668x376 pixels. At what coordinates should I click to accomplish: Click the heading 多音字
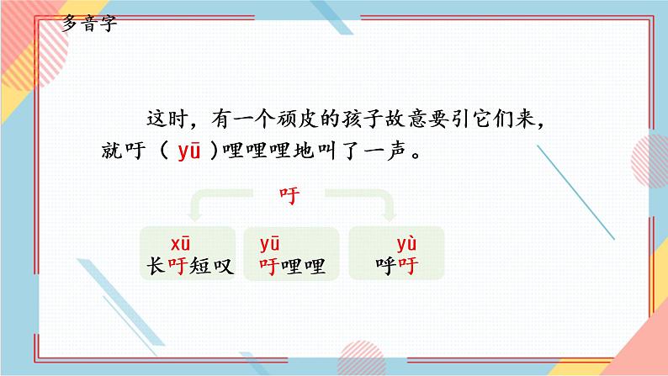pos(90,23)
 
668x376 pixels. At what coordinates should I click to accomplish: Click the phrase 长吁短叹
pos(186,267)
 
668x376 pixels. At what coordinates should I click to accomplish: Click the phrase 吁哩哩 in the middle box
pos(291,267)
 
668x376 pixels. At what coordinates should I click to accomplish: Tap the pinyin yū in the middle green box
pos(270,245)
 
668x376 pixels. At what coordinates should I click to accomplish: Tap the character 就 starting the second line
pos(110,153)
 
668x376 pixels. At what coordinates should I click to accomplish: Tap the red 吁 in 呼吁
pos(407,267)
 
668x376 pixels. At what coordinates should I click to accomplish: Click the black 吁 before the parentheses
pos(138,153)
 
